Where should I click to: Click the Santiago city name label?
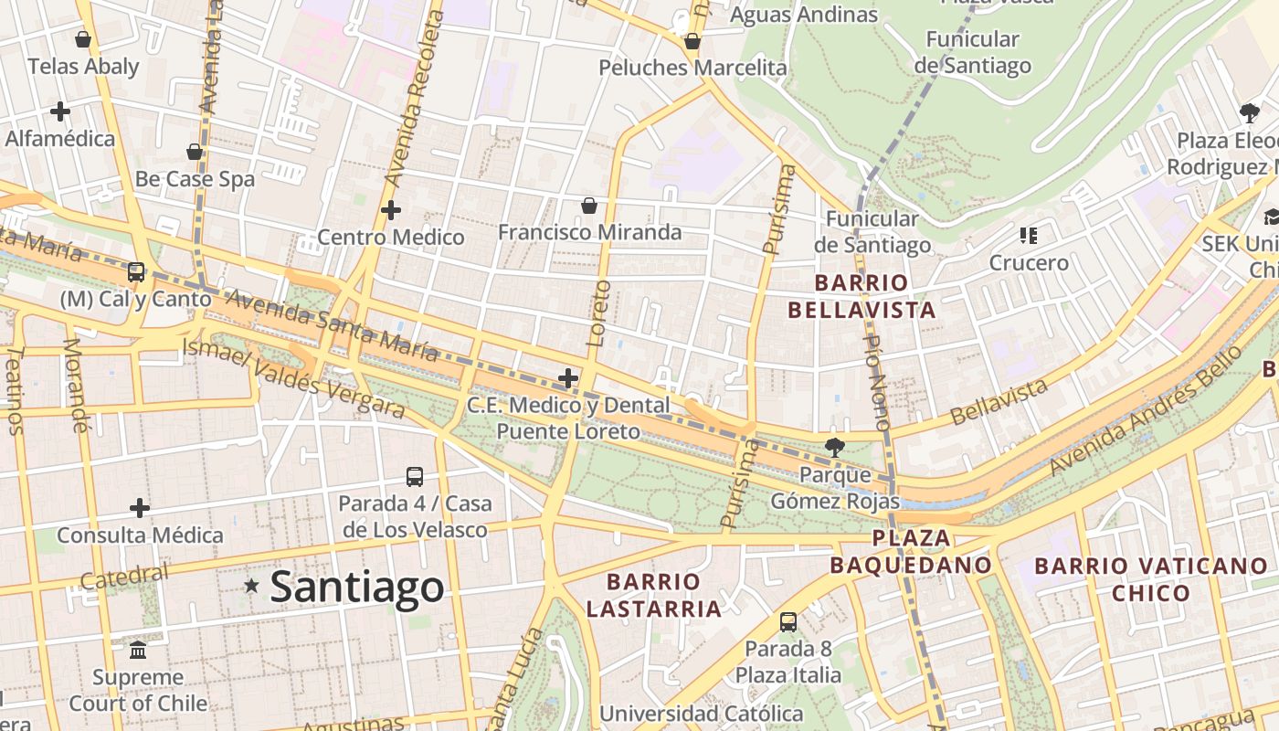coord(357,587)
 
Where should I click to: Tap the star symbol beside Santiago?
coord(251,585)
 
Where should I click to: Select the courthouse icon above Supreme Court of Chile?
coord(138,650)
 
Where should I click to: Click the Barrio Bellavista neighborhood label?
coord(861,296)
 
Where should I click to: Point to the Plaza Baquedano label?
coord(910,551)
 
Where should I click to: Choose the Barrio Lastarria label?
coord(653,595)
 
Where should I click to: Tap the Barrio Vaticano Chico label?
coord(1150,579)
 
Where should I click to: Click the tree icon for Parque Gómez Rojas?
coord(834,447)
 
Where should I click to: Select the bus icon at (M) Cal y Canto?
coord(136,271)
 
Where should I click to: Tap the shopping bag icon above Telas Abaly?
coord(83,39)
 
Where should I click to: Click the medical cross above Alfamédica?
coord(60,111)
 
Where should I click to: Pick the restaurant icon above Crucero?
coord(1029,236)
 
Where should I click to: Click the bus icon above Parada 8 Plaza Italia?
coord(788,622)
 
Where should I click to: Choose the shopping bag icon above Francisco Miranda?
coord(589,206)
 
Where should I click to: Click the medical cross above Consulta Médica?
coord(140,507)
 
